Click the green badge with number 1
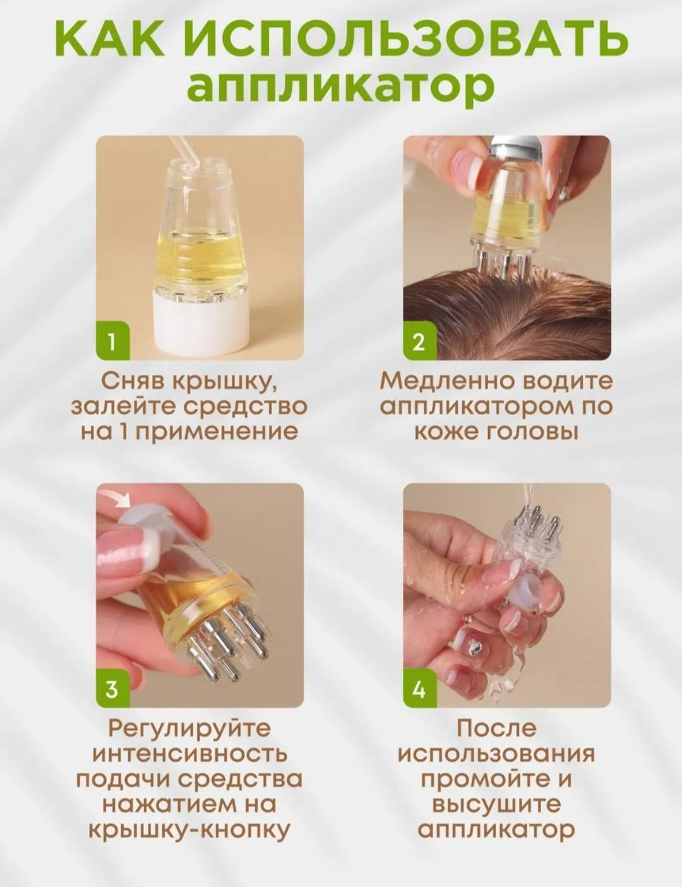[112, 343]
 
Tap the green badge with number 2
[420, 343]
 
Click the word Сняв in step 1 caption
[131, 382]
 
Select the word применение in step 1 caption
[217, 433]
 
